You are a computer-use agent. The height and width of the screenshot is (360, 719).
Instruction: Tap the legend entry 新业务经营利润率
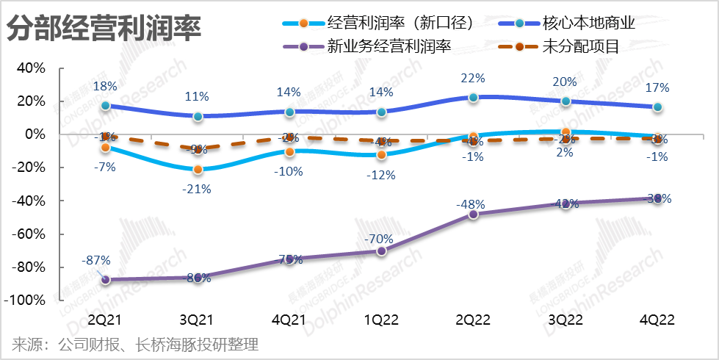point(389,48)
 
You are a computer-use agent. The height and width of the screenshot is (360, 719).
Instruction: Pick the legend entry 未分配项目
point(580,48)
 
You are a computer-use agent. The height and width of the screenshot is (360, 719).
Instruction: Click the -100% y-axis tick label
point(26,300)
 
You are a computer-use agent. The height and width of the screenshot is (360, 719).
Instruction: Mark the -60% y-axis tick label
point(29,234)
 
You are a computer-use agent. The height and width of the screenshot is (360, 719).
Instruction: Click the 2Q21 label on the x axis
point(106,321)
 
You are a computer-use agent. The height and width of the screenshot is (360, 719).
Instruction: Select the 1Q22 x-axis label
point(381,321)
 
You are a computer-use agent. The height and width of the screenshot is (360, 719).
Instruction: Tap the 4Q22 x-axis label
point(657,321)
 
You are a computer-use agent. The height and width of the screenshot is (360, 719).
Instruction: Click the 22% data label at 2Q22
point(473,79)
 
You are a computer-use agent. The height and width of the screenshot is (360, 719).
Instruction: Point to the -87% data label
point(97,260)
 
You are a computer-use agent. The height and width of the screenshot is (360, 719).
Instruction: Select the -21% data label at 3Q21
point(198,189)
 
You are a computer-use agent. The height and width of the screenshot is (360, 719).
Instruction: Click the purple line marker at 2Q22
point(473,214)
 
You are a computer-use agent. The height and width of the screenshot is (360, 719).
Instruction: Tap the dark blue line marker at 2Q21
point(106,105)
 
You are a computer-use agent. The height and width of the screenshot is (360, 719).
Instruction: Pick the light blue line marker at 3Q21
point(198,170)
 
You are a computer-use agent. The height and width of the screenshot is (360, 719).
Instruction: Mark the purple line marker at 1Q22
point(381,251)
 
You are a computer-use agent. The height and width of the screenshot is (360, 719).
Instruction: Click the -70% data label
point(380,239)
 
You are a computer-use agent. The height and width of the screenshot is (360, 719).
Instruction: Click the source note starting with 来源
point(136,344)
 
